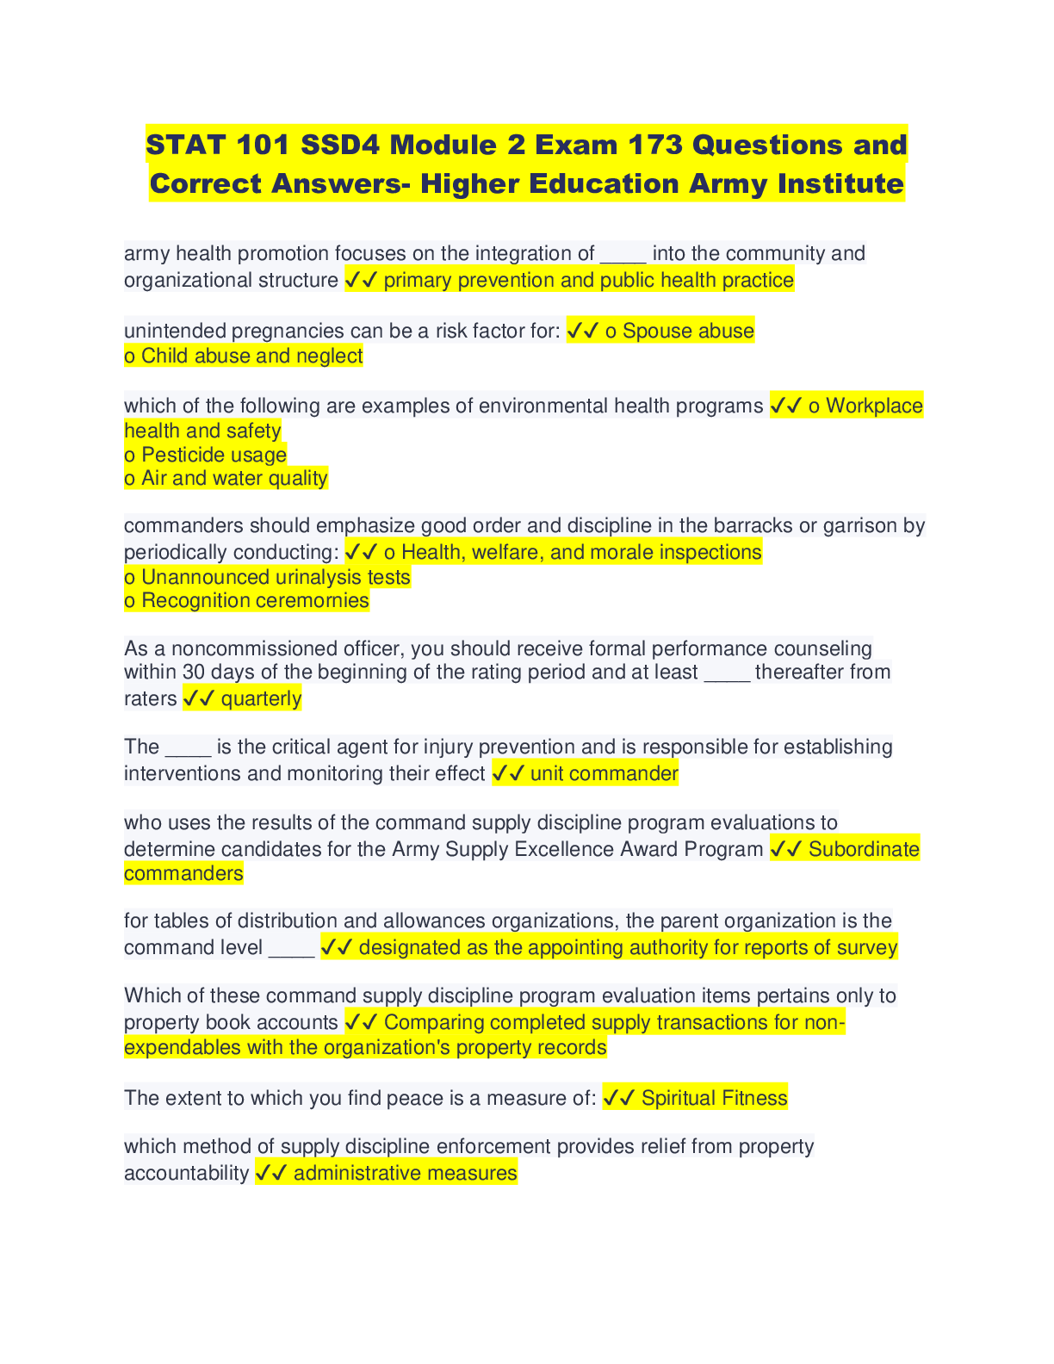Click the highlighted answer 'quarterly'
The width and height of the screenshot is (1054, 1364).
pyautogui.click(x=261, y=698)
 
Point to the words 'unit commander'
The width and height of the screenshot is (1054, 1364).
pyautogui.click(x=604, y=773)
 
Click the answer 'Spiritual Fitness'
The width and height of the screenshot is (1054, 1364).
pyautogui.click(x=714, y=1098)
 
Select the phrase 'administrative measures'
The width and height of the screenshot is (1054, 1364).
pyautogui.click(x=405, y=1173)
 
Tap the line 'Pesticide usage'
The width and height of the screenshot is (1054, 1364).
pyautogui.click(x=214, y=455)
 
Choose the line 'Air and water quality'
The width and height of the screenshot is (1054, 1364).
pyautogui.click(x=234, y=478)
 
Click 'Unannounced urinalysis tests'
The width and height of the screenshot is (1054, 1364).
pyautogui.click(x=276, y=577)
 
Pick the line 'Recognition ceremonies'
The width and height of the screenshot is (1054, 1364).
pyautogui.click(x=255, y=600)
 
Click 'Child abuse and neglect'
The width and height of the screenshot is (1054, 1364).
pyautogui.click(x=251, y=356)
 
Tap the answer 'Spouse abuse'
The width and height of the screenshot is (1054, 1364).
pyautogui.click(x=688, y=331)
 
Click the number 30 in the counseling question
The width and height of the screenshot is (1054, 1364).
pyautogui.click(x=194, y=672)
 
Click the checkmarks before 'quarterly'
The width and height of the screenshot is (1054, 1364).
pyautogui.click(x=197, y=698)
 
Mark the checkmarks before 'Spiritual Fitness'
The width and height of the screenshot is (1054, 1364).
pyautogui.click(x=618, y=1098)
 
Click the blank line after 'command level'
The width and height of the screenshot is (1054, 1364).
pyautogui.click(x=291, y=949)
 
